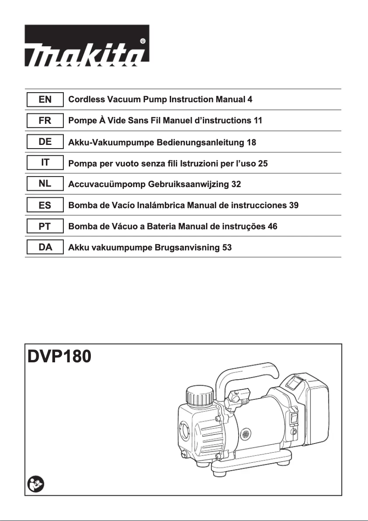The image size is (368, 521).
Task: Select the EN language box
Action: [45, 99]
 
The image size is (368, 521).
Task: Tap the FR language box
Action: [45, 121]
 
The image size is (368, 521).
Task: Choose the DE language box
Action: [45, 142]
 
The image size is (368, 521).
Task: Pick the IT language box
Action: [45, 163]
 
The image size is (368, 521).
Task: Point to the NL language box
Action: [45, 184]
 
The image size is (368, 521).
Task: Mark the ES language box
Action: [45, 205]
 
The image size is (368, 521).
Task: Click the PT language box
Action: [45, 227]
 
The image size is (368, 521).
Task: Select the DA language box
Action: [45, 248]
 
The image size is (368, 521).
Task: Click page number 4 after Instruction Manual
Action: [250, 100]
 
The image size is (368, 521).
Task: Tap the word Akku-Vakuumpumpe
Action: [111, 142]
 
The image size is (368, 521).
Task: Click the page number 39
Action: [294, 205]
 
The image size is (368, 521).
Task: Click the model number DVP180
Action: [60, 356]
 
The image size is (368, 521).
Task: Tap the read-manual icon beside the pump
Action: [35, 484]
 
